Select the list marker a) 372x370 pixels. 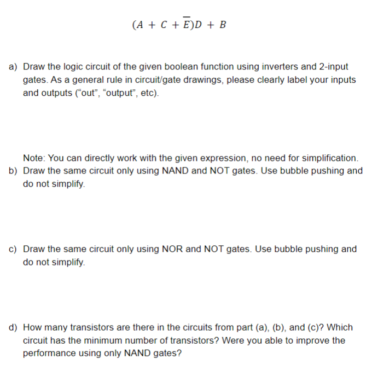(x=14, y=67)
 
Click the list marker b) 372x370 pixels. (x=14, y=171)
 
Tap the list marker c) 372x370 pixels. (x=14, y=249)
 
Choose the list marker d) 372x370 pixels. (x=14, y=328)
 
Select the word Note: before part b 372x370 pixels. (x=33, y=158)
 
